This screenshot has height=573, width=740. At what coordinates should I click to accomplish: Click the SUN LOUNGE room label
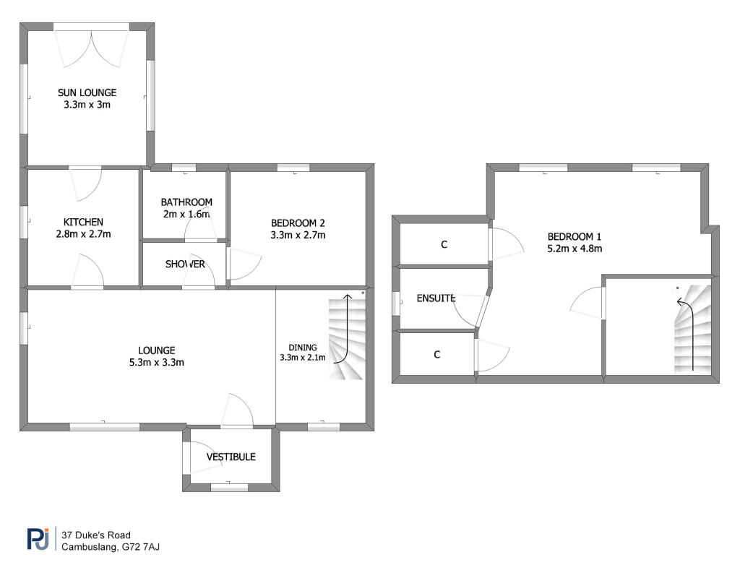(87, 93)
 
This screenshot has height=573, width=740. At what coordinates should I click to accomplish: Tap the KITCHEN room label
(83, 223)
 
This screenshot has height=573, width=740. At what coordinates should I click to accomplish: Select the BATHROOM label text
(186, 202)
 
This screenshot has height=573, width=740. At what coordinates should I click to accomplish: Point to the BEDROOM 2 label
(298, 223)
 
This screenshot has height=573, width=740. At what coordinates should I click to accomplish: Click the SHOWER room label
(185, 264)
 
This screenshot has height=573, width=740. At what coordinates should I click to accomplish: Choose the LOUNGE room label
(157, 350)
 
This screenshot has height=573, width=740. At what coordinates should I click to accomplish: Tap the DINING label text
(303, 348)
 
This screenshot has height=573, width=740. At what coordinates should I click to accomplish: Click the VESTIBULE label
(231, 457)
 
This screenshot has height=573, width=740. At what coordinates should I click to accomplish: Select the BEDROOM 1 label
(575, 237)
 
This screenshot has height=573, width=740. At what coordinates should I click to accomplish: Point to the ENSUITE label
(436, 298)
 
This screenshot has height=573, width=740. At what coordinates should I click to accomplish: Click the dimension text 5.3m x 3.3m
(157, 363)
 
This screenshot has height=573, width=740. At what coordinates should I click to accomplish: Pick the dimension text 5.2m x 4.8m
(575, 249)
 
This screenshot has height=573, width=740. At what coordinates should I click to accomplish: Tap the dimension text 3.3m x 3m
(87, 105)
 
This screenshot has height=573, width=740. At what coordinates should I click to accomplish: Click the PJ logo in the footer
(38, 539)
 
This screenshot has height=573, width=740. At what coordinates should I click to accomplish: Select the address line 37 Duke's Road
(96, 535)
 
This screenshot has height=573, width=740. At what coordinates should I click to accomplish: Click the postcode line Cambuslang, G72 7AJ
(111, 548)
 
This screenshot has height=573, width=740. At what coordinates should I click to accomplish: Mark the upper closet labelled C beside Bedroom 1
(444, 244)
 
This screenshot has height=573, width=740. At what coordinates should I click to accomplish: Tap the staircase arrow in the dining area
(348, 330)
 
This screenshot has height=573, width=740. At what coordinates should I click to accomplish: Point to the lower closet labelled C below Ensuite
(437, 355)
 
